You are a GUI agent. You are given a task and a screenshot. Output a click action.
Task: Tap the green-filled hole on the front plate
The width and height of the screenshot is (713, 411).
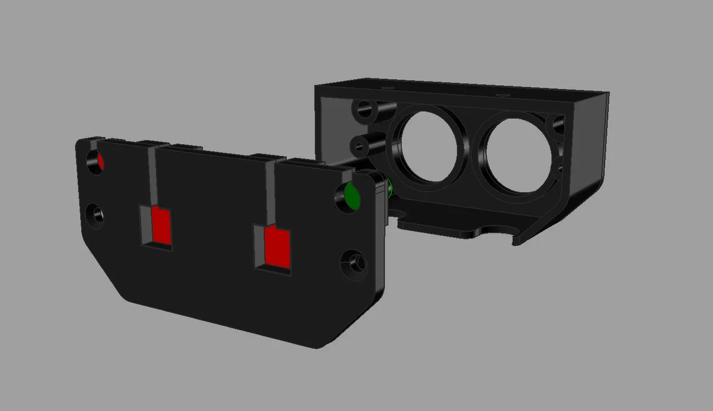pos(351,196)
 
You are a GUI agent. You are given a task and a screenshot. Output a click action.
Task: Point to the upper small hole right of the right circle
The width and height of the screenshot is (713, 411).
pos(558,125)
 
